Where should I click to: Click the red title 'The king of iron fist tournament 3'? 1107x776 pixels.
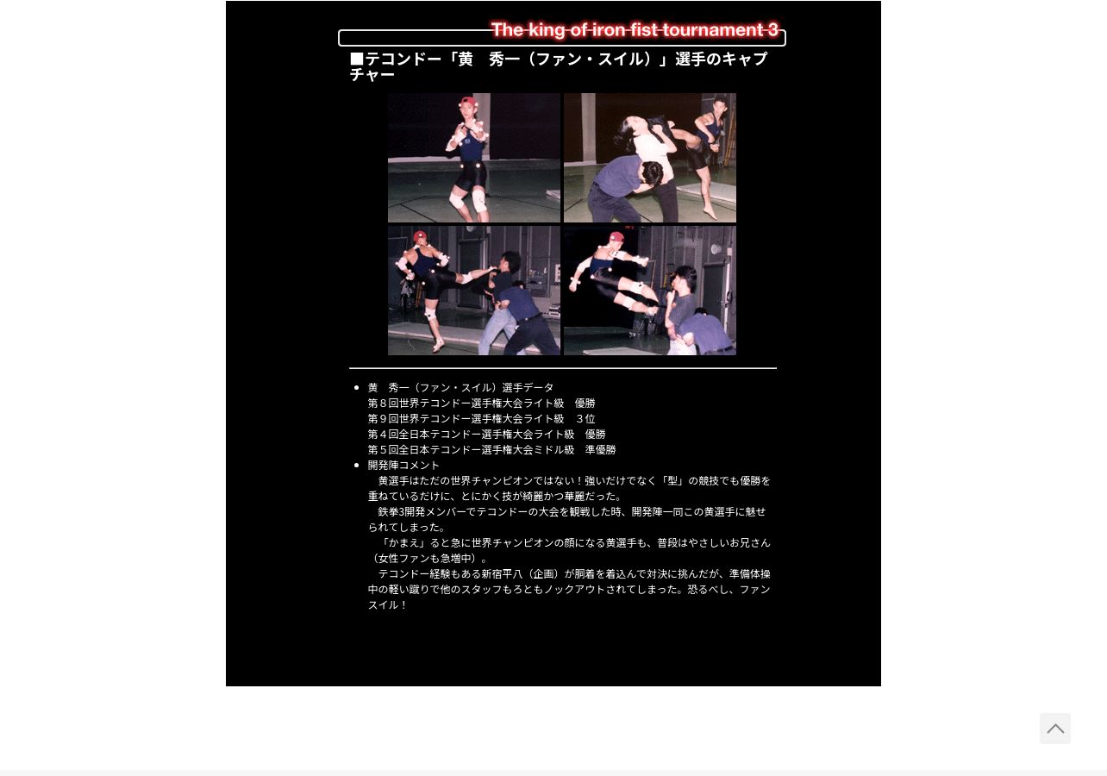(635, 29)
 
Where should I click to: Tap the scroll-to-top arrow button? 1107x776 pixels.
(1054, 728)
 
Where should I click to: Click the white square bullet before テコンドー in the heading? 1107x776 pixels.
(356, 59)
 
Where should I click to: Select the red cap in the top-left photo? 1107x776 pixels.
(467, 102)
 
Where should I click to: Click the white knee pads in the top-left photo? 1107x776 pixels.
(468, 200)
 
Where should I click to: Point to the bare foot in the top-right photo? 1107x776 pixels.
(710, 213)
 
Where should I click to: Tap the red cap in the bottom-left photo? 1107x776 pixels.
(420, 235)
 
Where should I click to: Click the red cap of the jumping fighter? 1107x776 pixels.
(616, 237)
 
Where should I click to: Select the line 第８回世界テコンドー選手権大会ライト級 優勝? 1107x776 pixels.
(481, 404)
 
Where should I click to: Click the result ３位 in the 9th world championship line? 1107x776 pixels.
(585, 419)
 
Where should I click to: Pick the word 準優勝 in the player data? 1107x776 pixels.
(600, 450)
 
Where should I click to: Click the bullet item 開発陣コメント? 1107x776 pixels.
(403, 465)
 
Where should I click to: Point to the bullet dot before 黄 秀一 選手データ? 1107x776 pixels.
(357, 387)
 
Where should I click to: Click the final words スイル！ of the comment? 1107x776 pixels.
(387, 605)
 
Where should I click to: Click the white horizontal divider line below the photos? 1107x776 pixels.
(563, 368)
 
